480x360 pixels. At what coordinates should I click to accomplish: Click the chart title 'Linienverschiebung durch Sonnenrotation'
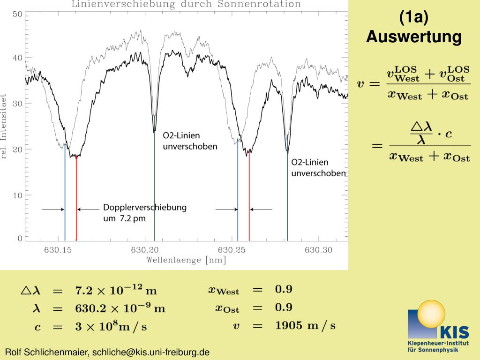coord(186,4)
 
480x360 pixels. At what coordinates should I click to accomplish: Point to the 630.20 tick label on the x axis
coord(145,250)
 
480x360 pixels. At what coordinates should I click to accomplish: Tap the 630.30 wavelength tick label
coord(318,250)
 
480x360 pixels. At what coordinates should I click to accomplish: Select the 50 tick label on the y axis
coord(17,15)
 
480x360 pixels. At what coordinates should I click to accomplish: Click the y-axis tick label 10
coord(17,195)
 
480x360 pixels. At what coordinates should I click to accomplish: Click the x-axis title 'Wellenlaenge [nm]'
coord(186,260)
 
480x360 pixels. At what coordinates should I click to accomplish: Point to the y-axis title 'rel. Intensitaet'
coord(3,127)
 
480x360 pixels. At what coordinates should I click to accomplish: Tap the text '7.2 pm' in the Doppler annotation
coord(133,218)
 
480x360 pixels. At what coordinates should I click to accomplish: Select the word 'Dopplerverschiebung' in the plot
coord(145,207)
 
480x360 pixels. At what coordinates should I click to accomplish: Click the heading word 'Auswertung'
coord(413,37)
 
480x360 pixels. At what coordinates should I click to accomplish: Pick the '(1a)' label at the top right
coord(413,17)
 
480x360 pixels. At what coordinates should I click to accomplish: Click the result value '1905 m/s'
coord(305,325)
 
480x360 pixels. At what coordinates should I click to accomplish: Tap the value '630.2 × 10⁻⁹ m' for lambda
coord(120,307)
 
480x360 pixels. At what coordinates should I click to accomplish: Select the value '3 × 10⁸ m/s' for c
coord(111,326)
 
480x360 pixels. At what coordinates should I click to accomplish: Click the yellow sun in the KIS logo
coord(431,314)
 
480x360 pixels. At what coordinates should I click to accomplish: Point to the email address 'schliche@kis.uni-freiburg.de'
coord(151,352)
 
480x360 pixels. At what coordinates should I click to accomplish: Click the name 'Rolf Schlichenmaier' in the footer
coord(47,352)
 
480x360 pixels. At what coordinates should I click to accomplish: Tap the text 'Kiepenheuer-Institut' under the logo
coord(438,343)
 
